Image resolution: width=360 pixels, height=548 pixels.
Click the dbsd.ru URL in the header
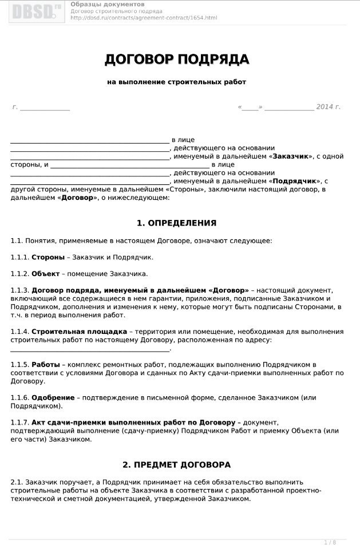144,18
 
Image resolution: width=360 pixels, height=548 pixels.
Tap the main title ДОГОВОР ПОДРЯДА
177,60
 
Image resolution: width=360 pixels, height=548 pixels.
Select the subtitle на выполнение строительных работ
176,82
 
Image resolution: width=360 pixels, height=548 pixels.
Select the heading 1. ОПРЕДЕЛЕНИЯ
176,223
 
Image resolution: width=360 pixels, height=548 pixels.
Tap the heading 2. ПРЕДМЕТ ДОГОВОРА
176,464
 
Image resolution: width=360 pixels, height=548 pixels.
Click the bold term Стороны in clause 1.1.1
48,257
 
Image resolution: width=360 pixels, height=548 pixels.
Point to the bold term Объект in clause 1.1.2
45,274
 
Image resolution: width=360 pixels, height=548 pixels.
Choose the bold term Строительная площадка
79,332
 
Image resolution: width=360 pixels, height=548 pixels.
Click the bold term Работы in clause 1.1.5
45,364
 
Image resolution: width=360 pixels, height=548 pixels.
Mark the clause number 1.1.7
19,423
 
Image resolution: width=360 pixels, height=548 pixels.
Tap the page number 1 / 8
330,542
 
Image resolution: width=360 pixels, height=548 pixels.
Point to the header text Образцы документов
108,5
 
